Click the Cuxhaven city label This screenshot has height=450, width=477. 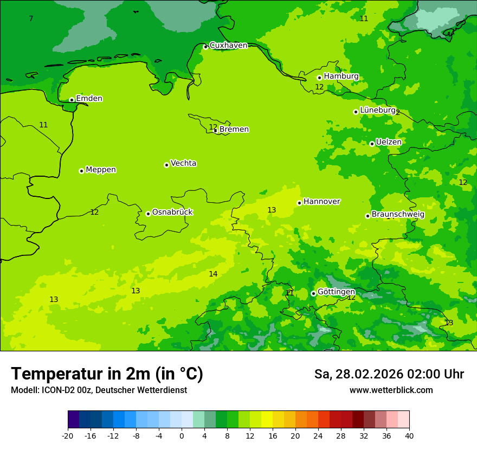[228, 46]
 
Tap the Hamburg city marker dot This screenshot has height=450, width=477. [319, 78]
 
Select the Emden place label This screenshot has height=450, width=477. [89, 99]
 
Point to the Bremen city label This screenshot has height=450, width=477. [234, 130]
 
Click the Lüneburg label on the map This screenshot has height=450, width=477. [378, 110]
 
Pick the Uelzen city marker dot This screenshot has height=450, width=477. [372, 144]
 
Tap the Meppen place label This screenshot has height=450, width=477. [101, 170]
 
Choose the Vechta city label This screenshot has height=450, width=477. [183, 163]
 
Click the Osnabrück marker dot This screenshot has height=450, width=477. [148, 214]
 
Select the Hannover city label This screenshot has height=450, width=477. [321, 202]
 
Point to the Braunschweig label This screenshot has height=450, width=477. [398, 214]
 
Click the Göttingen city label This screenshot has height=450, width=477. [336, 292]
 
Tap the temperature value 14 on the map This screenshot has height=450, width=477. [213, 274]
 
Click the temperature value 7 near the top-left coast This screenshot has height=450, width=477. [31, 19]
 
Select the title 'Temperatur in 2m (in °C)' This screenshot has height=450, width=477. [107, 374]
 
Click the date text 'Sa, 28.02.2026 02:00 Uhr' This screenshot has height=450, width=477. [389, 374]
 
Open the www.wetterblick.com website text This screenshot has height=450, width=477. [391, 390]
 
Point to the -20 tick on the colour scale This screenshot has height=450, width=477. [68, 435]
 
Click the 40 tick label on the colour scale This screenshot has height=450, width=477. [409, 435]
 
